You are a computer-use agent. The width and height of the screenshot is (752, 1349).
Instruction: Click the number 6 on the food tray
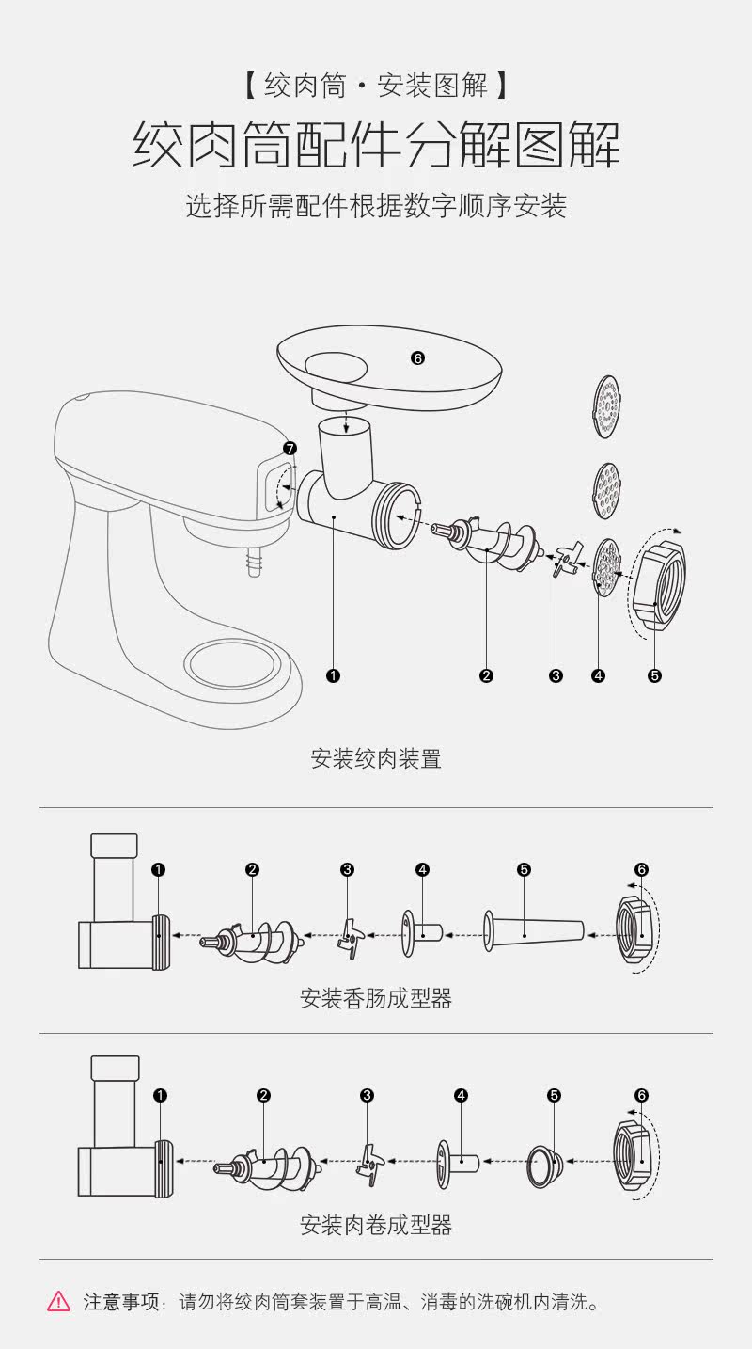(x=418, y=357)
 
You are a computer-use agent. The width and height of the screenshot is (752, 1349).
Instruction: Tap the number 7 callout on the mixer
(x=290, y=448)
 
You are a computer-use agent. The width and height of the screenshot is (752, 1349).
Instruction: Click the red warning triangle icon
(x=58, y=1302)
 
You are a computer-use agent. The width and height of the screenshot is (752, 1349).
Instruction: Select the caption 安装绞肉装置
(x=376, y=758)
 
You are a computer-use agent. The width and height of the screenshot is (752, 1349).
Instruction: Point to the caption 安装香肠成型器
(x=376, y=998)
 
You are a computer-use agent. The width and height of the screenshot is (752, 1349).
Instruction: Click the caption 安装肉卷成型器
(x=376, y=1224)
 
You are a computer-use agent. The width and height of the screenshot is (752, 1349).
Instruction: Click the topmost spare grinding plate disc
(x=608, y=406)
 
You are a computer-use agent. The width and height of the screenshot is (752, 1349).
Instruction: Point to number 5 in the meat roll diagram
(x=555, y=1095)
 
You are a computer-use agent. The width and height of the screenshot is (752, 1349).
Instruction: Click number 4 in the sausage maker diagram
(x=423, y=869)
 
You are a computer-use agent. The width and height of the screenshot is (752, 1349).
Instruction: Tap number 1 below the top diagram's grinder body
(x=333, y=675)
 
